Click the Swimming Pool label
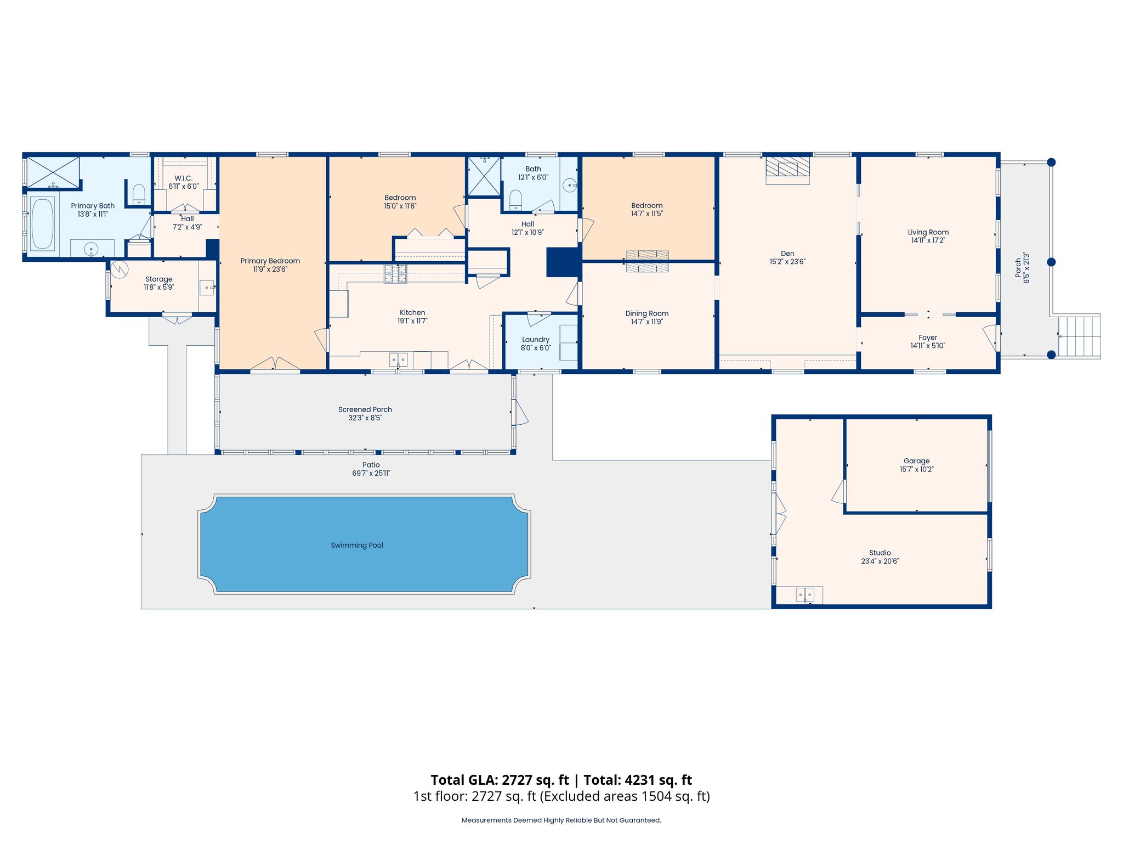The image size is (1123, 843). pyautogui.click(x=357, y=545)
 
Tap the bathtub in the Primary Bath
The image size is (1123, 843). pyautogui.click(x=42, y=223)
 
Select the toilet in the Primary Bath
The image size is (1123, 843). pyautogui.click(x=139, y=194)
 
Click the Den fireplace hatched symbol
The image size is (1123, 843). pyautogui.click(x=787, y=166)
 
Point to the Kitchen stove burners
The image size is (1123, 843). pyautogui.click(x=395, y=273)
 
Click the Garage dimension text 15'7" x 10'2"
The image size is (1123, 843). pyautogui.click(x=916, y=469)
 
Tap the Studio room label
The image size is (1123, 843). pyautogui.click(x=880, y=553)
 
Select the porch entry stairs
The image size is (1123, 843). pyautogui.click(x=1079, y=335)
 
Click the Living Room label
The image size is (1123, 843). pyautogui.click(x=928, y=232)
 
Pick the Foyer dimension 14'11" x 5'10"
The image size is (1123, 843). pyautogui.click(x=928, y=346)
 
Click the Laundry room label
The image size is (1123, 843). pyautogui.click(x=536, y=340)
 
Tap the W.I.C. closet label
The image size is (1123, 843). pyautogui.click(x=184, y=178)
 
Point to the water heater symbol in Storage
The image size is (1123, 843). pyautogui.click(x=120, y=269)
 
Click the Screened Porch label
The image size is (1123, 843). pyautogui.click(x=365, y=409)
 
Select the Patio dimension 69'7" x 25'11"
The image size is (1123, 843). pyautogui.click(x=371, y=473)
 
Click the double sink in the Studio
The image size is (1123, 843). pyautogui.click(x=805, y=594)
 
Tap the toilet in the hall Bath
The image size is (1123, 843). pyautogui.click(x=515, y=199)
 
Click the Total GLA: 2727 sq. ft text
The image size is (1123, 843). pyautogui.click(x=500, y=780)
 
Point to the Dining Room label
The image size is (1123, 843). pyautogui.click(x=647, y=313)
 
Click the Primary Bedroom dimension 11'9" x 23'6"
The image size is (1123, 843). pyautogui.click(x=270, y=269)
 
